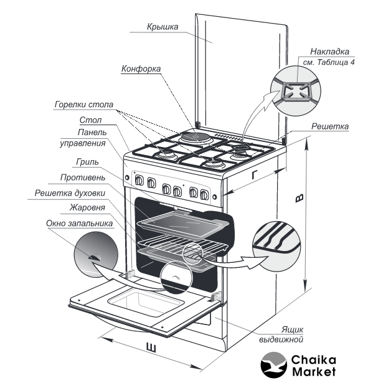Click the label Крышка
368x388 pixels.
pyautogui.click(x=163, y=27)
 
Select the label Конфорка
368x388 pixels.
pyautogui.click(x=141, y=69)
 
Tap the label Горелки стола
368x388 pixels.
pyautogui.click(x=84, y=105)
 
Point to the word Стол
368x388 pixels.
pyautogui.click(x=90, y=120)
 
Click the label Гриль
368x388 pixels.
pyautogui.click(x=87, y=162)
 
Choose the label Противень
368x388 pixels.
pyautogui.click(x=83, y=177)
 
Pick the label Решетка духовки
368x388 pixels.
pyautogui.click(x=70, y=193)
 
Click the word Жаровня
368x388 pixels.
pyautogui.click(x=87, y=207)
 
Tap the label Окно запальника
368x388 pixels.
pyautogui.click(x=80, y=223)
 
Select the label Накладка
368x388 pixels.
pyautogui.click(x=329, y=52)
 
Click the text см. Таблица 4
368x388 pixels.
pyautogui.click(x=329, y=62)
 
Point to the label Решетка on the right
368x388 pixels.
pyautogui.click(x=330, y=126)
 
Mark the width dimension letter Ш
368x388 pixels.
pyautogui.click(x=151, y=348)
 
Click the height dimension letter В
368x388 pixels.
pyautogui.click(x=300, y=198)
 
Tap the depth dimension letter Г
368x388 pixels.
pyautogui.click(x=255, y=175)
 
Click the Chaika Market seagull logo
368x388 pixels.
pyautogui.click(x=274, y=365)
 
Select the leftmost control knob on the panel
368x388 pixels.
pyautogui.click(x=139, y=180)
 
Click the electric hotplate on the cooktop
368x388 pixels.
pyautogui.click(x=196, y=137)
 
